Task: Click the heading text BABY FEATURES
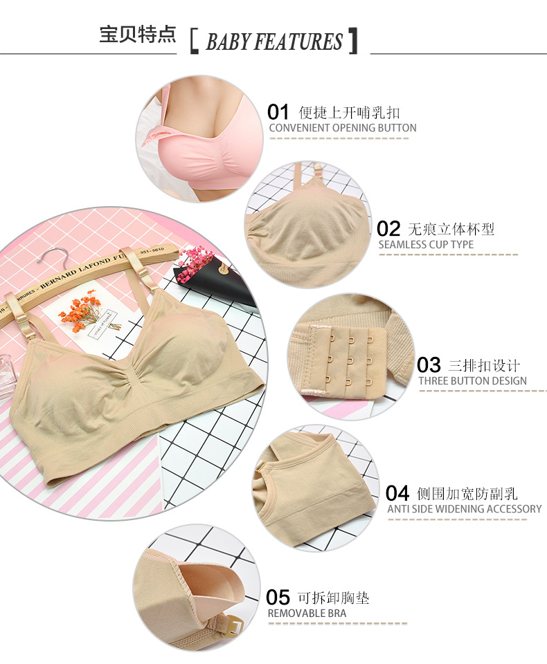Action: (274, 41)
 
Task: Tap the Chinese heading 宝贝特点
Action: (138, 34)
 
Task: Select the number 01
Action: (278, 112)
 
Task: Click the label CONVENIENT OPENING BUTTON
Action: (343, 128)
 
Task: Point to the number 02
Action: (388, 229)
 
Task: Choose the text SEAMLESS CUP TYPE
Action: (426, 245)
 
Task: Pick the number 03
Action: (429, 365)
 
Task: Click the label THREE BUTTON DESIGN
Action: (472, 381)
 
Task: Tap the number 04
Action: (397, 493)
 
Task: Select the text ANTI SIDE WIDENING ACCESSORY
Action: (465, 509)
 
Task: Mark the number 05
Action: (278, 598)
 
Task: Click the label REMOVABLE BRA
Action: (307, 614)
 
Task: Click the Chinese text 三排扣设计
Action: (484, 365)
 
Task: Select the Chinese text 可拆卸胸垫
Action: (333, 598)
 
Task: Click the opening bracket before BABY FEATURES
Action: (194, 41)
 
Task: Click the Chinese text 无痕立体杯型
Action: (451, 229)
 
